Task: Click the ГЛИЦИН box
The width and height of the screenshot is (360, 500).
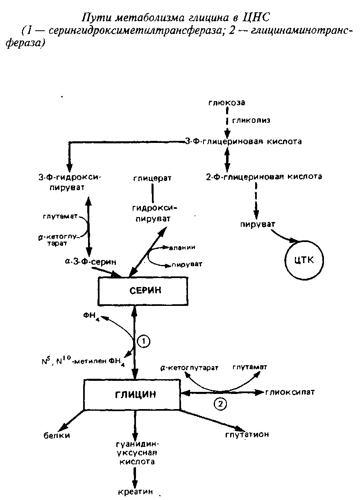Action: pos(132,394)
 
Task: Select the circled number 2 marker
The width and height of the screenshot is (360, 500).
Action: pos(220,404)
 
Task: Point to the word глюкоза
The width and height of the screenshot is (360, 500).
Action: pos(226,103)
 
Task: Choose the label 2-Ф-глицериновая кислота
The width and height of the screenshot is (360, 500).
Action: pos(264,177)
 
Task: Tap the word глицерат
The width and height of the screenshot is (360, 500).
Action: pos(152,179)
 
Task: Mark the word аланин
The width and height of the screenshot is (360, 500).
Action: pos(183,247)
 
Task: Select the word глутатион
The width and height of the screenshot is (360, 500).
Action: pos(247,434)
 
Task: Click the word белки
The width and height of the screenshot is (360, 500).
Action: pos(57,435)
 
